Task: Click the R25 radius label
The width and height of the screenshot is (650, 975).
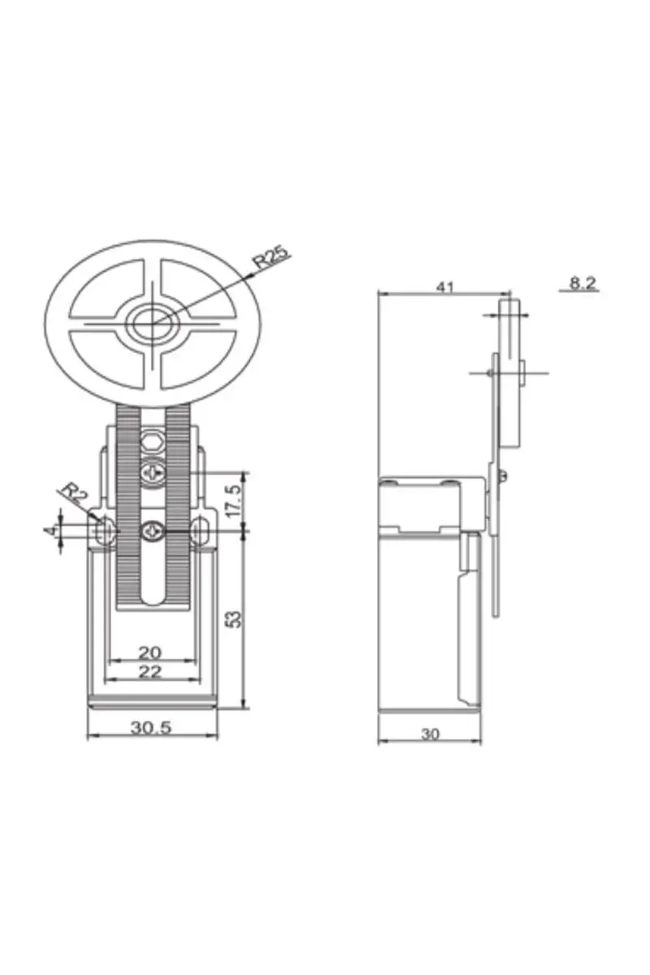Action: coord(271,257)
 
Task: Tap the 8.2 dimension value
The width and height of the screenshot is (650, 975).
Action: coord(582,284)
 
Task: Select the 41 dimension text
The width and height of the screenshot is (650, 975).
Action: coord(444,287)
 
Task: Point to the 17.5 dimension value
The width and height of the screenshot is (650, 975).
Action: coord(233,500)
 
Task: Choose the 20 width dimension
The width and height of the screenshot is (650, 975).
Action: coord(149,652)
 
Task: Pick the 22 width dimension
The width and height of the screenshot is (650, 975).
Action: coord(149,672)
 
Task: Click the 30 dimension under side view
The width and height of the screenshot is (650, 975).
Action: coord(430,734)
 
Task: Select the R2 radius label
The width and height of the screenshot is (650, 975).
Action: coord(74,492)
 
